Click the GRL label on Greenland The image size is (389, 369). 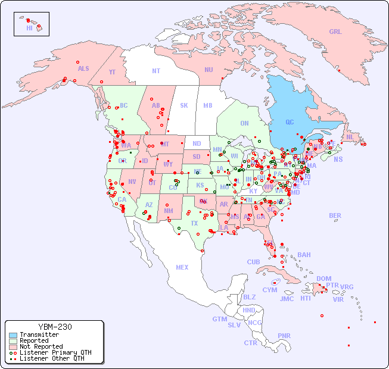(x=335, y=32)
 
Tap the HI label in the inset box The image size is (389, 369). (x=29, y=28)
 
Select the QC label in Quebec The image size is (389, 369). (x=290, y=122)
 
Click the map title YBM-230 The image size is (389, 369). (x=55, y=327)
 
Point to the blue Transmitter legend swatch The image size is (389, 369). (x=13, y=335)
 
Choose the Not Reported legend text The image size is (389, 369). (x=41, y=346)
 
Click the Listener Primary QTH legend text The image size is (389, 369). (x=55, y=352)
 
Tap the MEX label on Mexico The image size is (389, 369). (x=182, y=267)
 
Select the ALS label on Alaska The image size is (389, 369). (x=83, y=68)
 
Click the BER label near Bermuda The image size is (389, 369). (x=335, y=215)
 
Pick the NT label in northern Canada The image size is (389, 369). (x=156, y=71)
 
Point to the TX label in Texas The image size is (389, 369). (x=194, y=223)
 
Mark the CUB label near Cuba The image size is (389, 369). (x=254, y=262)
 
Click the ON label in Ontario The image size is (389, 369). (x=244, y=123)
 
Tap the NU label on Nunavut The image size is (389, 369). (x=208, y=70)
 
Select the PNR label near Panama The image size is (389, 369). (x=284, y=336)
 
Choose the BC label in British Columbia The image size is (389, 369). (x=124, y=105)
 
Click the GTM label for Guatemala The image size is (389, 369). (x=220, y=319)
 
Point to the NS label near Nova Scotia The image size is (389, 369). (x=338, y=159)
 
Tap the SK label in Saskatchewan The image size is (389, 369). (x=184, y=105)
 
